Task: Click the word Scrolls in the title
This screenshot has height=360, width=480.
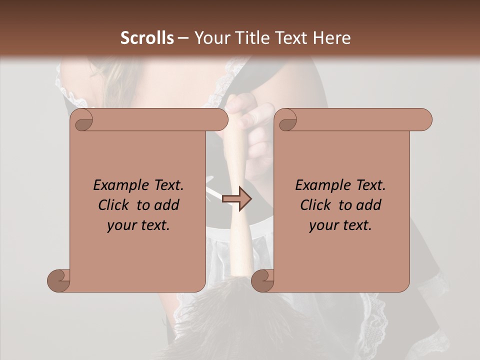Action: coord(147,38)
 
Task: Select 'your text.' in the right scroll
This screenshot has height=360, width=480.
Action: coord(340,225)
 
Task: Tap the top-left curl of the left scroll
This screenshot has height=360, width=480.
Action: coord(83,120)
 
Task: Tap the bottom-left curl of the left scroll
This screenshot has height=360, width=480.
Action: coord(59,280)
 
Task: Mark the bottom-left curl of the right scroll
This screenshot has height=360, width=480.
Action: coord(263,280)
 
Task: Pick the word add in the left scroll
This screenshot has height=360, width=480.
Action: coord(168,205)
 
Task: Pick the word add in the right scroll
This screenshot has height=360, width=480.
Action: coord(370,205)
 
